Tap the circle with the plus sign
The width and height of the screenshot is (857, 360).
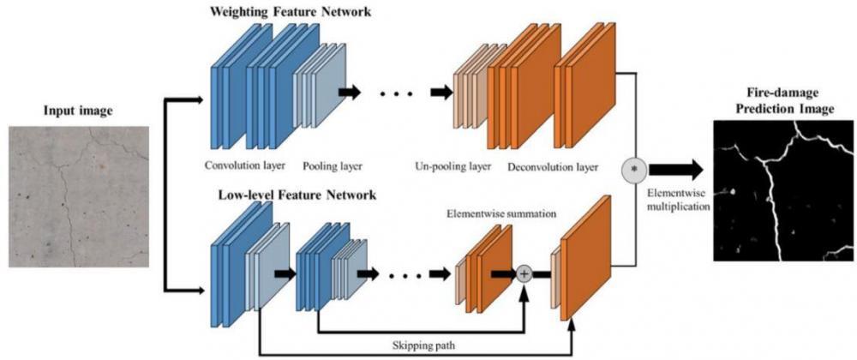click(x=524, y=274)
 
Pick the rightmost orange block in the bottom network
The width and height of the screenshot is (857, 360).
click(x=587, y=257)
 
